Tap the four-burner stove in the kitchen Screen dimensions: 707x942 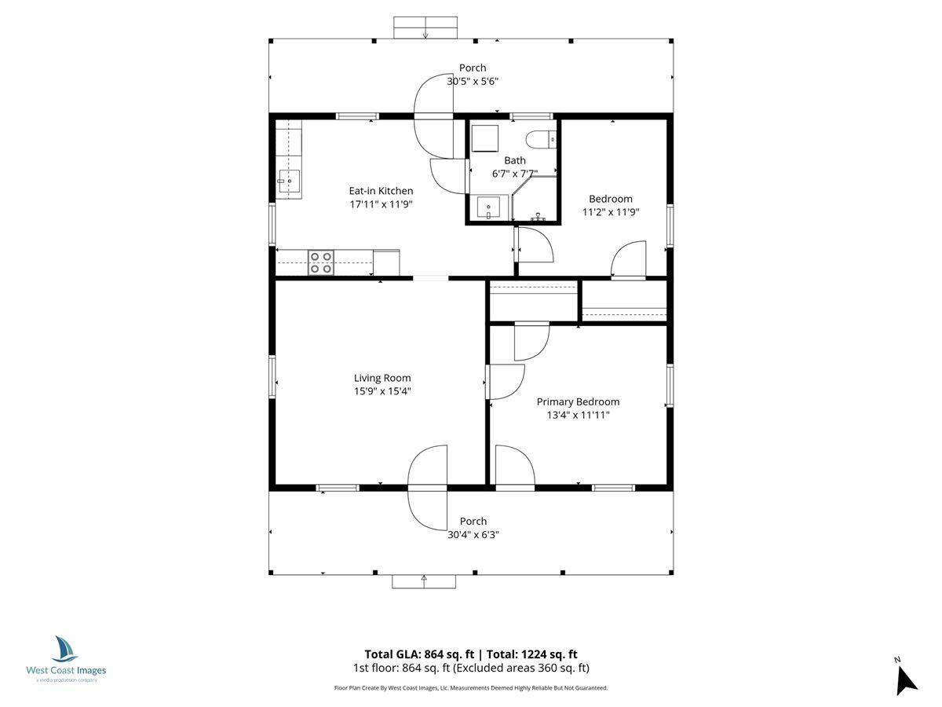319,262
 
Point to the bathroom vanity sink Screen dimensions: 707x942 489,208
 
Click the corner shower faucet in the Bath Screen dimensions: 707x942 539,214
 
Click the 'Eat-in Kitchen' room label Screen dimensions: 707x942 381,191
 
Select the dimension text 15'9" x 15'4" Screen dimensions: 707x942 382,390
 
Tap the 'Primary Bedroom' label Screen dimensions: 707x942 578,401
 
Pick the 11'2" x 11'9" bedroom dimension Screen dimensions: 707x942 610,212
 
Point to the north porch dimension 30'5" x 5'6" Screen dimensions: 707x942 473,81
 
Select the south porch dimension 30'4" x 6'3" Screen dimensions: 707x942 473,534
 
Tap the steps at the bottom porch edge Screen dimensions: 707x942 424,581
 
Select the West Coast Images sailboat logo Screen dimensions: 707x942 65,649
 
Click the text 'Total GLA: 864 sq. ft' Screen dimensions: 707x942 421,654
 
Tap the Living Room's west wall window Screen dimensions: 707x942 272,376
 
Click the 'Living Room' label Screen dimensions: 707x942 382,378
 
